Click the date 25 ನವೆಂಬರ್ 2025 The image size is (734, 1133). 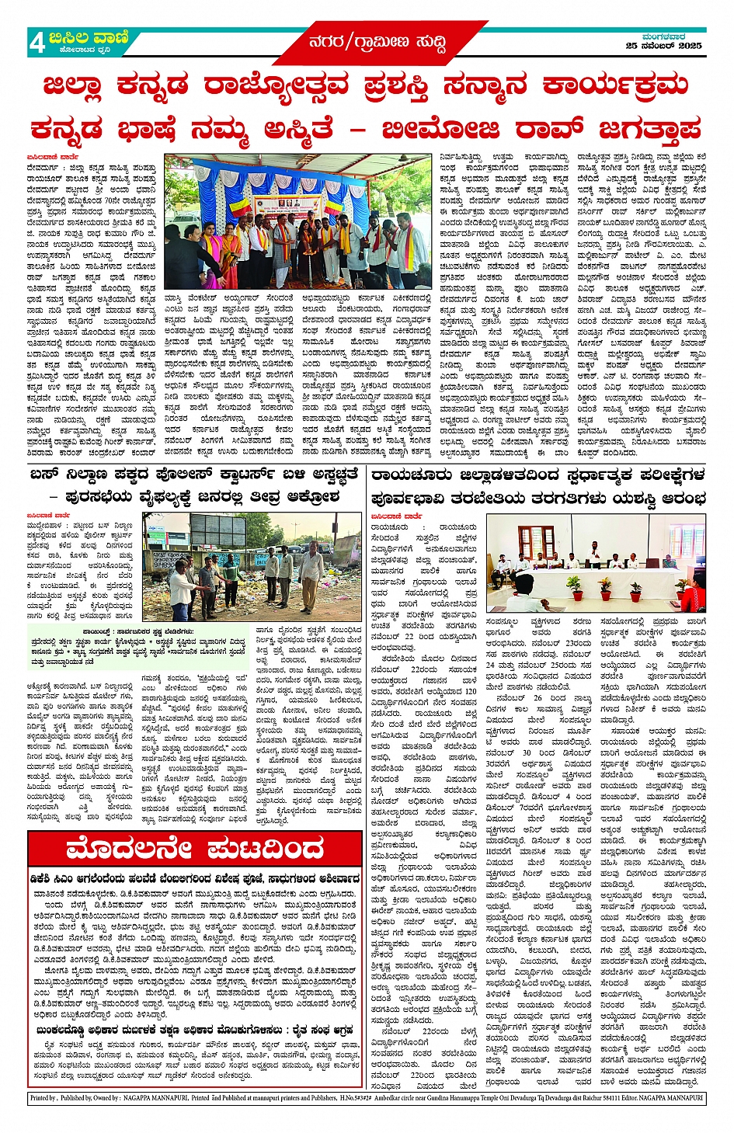click(x=663, y=46)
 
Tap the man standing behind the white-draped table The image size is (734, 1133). click(x=595, y=554)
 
